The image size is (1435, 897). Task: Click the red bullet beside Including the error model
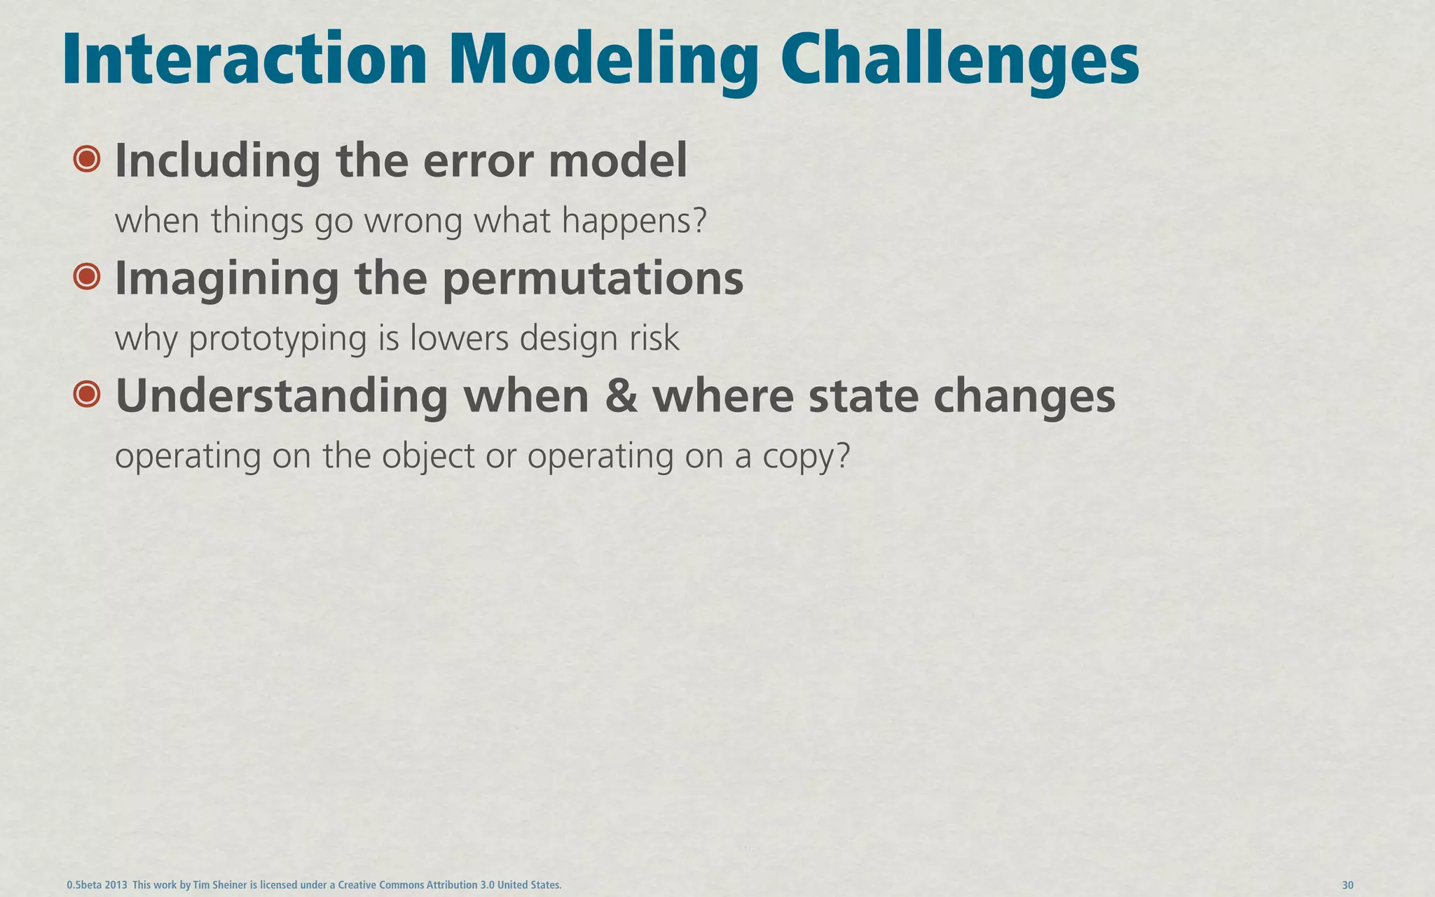[87, 160]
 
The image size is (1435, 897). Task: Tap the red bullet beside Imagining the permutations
[87, 278]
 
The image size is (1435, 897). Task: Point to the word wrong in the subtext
[413, 221]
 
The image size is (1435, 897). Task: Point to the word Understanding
[281, 396]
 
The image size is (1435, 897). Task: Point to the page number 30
[1347, 885]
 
